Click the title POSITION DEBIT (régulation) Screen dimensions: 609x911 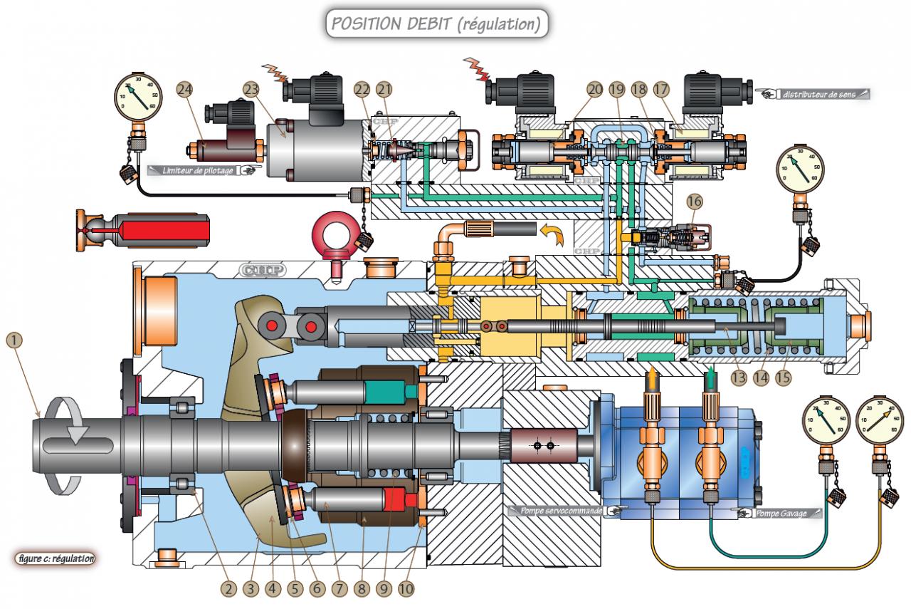tap(437, 24)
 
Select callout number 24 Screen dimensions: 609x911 tap(185, 90)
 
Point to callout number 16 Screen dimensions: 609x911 tap(695, 203)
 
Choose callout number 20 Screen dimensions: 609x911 tap(595, 89)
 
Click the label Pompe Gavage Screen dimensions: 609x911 tap(781, 513)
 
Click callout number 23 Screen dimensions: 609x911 tap(250, 90)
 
